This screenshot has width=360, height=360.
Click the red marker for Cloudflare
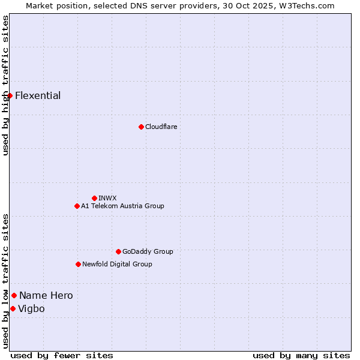click(x=141, y=127)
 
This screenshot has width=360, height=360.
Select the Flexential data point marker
click(x=10, y=96)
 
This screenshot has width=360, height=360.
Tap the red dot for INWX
click(x=94, y=198)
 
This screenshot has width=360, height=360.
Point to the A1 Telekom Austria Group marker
click(x=77, y=206)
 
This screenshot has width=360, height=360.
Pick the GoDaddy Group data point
click(x=118, y=251)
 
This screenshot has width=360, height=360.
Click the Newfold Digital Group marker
click(x=78, y=264)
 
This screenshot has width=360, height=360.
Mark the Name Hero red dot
click(x=14, y=295)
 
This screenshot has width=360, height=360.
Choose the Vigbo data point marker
click(x=13, y=308)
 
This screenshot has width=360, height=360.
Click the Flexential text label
click(x=38, y=96)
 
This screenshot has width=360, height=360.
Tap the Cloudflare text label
click(x=161, y=127)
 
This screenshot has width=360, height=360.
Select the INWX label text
click(x=107, y=198)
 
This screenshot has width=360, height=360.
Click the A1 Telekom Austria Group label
click(x=122, y=206)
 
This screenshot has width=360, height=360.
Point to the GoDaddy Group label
click(x=148, y=251)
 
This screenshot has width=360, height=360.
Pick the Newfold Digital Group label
click(x=117, y=264)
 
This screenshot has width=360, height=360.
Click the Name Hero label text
click(x=46, y=295)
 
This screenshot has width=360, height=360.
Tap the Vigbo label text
click(x=31, y=308)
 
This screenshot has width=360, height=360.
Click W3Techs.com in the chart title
click(x=307, y=5)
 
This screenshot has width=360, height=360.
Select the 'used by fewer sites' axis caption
click(x=62, y=355)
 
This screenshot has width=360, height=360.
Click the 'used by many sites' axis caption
click(x=301, y=355)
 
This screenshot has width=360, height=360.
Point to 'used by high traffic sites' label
click(x=5, y=85)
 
